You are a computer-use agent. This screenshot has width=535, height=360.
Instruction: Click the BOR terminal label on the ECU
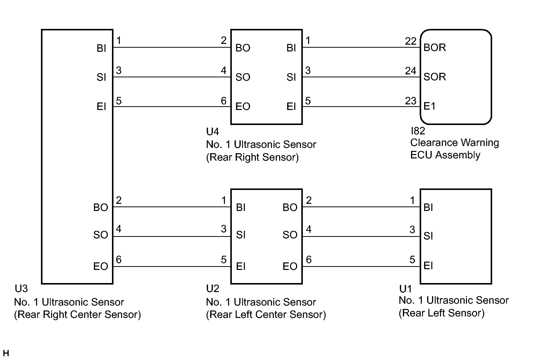point(434,47)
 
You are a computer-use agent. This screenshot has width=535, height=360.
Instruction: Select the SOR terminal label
point(434,77)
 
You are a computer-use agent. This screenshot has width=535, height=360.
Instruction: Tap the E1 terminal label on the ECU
point(429,106)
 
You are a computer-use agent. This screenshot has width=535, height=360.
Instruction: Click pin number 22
point(411,41)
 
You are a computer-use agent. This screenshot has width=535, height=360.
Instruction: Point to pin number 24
point(411,71)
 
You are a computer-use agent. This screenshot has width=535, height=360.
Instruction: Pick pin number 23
point(411,101)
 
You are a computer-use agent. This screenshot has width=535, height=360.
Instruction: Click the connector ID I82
point(418,131)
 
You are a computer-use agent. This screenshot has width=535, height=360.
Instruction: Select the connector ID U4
point(212,132)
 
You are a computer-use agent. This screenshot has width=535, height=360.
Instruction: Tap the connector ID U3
point(21,289)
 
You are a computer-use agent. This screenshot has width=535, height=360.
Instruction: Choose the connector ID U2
point(212,289)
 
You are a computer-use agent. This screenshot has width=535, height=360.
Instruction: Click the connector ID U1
point(405,289)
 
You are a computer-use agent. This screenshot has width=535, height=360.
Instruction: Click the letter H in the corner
point(6,353)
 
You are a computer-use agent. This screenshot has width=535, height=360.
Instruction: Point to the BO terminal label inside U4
point(243,48)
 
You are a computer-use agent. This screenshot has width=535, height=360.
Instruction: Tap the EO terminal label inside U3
point(101,267)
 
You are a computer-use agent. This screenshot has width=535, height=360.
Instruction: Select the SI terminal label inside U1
point(428,236)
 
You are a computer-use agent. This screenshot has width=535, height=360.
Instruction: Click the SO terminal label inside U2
point(290,235)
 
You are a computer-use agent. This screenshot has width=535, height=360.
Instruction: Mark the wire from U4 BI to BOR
point(361,47)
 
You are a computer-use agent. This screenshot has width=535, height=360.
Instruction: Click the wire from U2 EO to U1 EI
point(361,267)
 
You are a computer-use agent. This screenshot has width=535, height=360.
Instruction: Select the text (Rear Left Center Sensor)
point(266,315)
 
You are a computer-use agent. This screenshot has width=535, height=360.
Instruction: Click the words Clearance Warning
point(455,143)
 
